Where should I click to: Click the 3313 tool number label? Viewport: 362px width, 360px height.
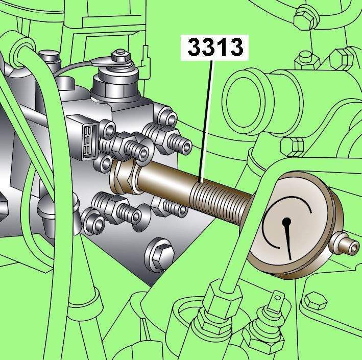pos(215,47)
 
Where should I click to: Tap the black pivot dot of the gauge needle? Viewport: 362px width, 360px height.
pos(286,222)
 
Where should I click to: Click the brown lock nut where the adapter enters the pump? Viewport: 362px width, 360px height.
pos(124,177)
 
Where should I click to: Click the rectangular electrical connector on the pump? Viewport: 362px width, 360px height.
pos(86,138)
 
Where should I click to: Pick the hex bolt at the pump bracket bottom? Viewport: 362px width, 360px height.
pos(160,255)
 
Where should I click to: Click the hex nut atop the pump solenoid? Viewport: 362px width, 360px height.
pos(120,56)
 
